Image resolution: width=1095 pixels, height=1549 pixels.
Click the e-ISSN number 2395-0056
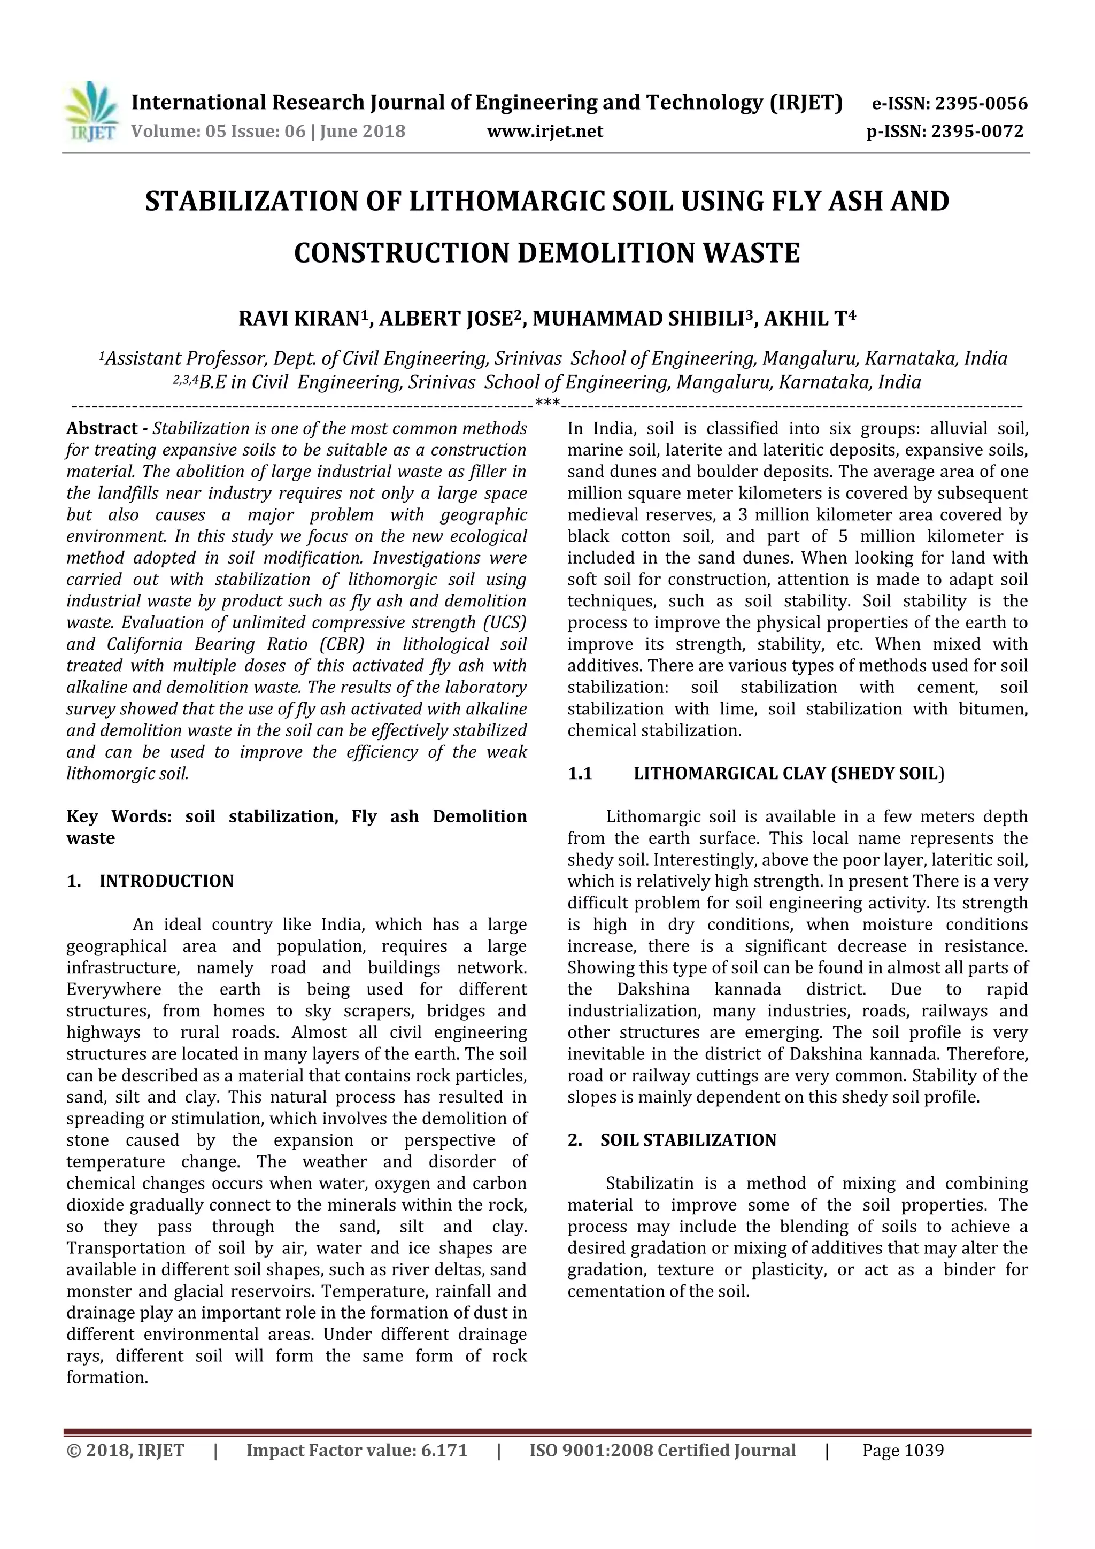[x=979, y=104]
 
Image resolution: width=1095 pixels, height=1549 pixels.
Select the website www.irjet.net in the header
[x=544, y=132]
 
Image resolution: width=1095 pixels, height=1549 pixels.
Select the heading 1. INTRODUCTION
[x=150, y=881]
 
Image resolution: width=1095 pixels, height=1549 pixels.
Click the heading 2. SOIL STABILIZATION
[x=672, y=1140]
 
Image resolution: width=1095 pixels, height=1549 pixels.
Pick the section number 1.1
[x=580, y=774]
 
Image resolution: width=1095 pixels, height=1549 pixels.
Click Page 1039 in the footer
[x=902, y=1451]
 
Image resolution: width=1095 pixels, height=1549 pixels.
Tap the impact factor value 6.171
[x=444, y=1451]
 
